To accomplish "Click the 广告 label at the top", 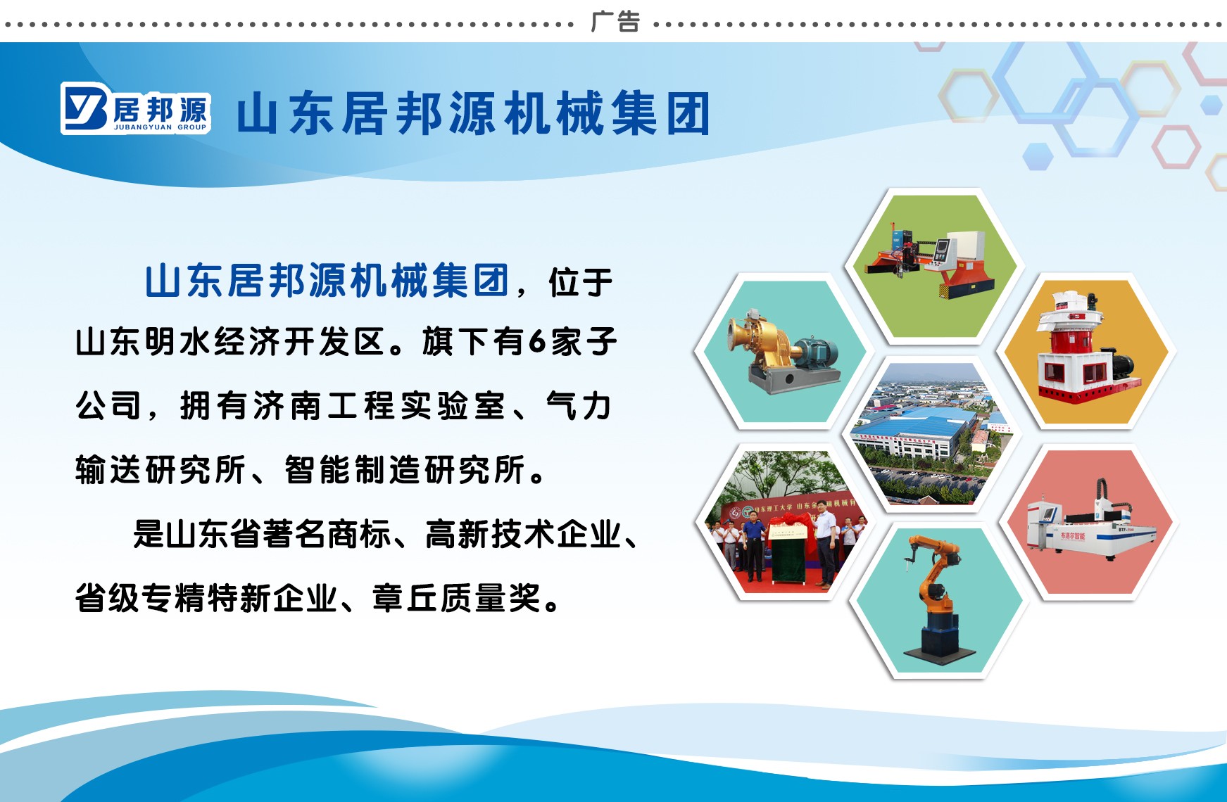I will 615,22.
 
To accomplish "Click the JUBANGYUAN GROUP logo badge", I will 136,109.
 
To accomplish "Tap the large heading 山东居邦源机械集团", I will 473,114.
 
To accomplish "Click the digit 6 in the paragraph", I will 537,342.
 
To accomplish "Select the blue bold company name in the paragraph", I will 327,281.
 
